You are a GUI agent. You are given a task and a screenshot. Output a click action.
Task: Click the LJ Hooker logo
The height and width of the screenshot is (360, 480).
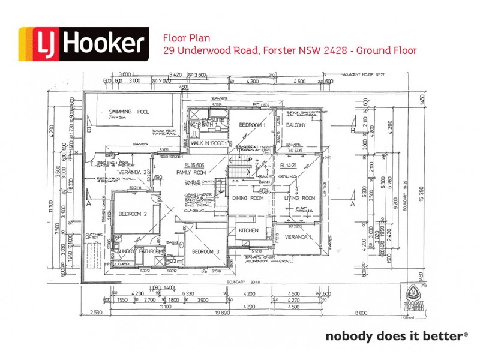pyautogui.click(x=83, y=44)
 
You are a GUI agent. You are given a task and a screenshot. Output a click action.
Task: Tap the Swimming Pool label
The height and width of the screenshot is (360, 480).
pyautogui.click(x=129, y=112)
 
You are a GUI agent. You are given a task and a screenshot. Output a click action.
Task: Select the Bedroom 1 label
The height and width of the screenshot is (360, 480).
pyautogui.click(x=252, y=125)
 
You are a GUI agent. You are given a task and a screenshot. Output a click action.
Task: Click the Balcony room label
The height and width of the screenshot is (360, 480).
pyautogui.click(x=296, y=125)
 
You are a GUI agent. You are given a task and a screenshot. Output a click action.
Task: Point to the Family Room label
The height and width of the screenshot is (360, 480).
pyautogui.click(x=191, y=172)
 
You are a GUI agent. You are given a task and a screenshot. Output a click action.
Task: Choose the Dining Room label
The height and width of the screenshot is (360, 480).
pyautogui.click(x=248, y=198)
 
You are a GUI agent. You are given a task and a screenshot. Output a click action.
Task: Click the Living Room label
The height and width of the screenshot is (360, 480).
pyautogui.click(x=299, y=198)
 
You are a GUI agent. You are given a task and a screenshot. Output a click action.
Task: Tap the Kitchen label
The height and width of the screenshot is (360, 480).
pyautogui.click(x=248, y=230)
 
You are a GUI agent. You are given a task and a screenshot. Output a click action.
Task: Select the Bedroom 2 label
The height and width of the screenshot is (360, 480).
pyautogui.click(x=133, y=214)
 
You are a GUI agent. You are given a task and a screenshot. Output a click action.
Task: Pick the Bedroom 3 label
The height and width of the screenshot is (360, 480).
pyautogui.click(x=206, y=251)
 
